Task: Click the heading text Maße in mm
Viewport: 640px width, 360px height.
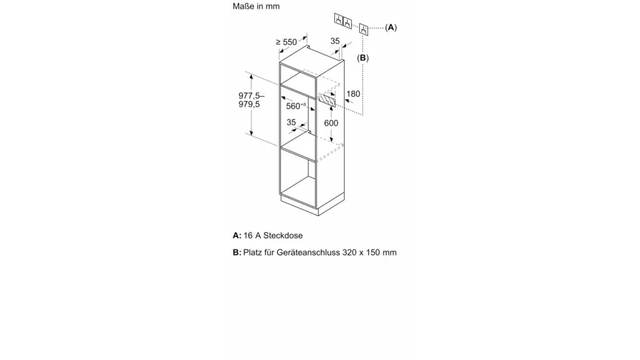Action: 256,6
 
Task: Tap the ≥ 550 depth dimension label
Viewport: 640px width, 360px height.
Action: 286,42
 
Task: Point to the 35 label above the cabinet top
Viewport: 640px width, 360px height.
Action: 335,41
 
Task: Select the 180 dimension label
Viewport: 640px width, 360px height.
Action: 353,94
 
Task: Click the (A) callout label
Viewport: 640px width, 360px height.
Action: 391,27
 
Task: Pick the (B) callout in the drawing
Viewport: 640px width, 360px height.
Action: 363,58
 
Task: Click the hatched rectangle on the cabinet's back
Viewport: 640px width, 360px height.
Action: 327,100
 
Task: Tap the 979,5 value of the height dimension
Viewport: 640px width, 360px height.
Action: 249,105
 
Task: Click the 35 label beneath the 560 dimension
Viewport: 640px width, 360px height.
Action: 291,122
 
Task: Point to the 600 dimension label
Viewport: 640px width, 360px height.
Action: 331,123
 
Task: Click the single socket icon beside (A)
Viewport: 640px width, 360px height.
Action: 363,29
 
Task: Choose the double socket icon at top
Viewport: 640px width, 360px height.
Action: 343,21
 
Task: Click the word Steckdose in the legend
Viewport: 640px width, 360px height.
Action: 283,235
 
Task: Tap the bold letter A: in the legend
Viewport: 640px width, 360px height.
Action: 237,235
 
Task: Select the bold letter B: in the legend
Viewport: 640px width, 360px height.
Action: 237,253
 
